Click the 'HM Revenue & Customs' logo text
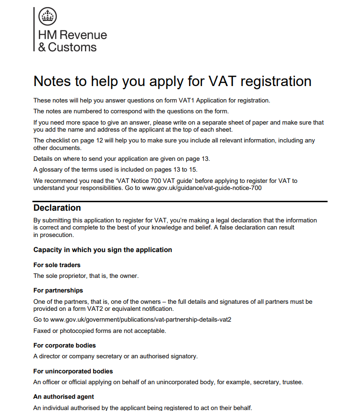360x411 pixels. pos(72,41)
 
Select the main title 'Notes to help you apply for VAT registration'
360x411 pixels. pos(172,81)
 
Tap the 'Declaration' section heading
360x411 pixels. pos(57,208)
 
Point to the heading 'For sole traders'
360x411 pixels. pos(57,265)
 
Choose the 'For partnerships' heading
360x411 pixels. pos(58,290)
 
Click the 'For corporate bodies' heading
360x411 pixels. pos(64,346)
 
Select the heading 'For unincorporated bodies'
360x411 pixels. pos(73,371)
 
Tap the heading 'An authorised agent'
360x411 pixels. pos(63,396)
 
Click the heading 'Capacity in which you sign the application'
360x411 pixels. pos(102,250)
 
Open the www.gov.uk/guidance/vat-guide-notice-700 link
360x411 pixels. pos(201,188)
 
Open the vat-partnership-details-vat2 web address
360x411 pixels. pos(141,319)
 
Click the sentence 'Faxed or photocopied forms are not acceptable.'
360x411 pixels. pos(100,331)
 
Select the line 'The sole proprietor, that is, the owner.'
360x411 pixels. pos(86,276)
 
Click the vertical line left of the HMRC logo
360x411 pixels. pos(34,29)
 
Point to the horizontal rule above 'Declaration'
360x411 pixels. pos(180,201)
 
